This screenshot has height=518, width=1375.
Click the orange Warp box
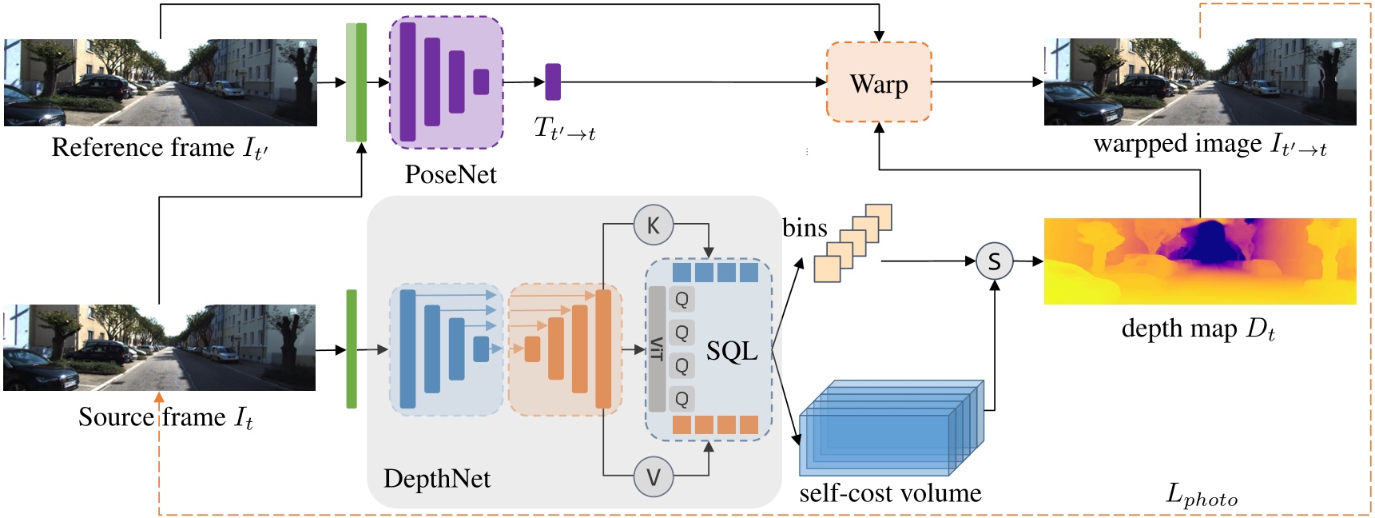click(878, 82)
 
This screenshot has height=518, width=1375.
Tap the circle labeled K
click(653, 225)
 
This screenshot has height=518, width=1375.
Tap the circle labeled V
click(653, 477)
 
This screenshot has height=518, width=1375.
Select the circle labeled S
click(994, 261)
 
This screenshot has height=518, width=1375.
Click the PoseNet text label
click(450, 174)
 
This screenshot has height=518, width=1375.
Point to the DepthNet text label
click(436, 478)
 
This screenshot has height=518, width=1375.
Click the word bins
click(804, 228)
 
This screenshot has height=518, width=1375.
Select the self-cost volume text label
click(889, 492)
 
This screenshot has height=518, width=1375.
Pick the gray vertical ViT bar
click(657, 349)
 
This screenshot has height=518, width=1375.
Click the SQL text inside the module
click(731, 351)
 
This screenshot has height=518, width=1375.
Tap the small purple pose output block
click(552, 82)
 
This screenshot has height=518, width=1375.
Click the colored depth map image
click(1199, 261)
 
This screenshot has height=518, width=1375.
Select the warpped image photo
click(1199, 82)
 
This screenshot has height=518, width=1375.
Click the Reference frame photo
click(160, 82)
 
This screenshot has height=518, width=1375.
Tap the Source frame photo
click(159, 347)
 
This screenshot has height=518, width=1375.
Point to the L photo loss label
click(1201, 495)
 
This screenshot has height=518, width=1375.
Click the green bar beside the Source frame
click(351, 349)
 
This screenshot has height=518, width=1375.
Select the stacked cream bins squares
click(852, 243)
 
